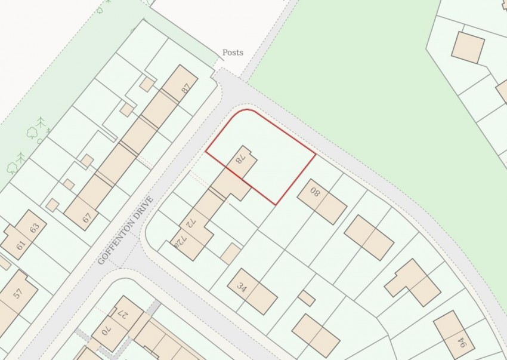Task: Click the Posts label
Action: tap(233, 53)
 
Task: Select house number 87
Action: tap(186, 88)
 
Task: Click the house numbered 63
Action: tap(34, 227)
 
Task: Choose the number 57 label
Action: tap(17, 293)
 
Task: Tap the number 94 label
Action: tap(461, 343)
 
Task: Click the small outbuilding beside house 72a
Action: tap(230, 254)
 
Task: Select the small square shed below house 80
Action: tap(307, 298)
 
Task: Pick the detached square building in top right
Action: tap(468, 47)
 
